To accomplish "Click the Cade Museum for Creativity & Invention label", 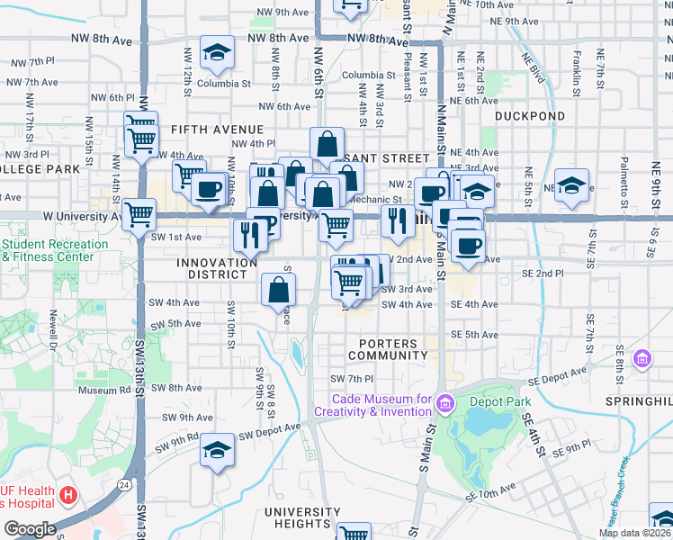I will [x=381, y=405].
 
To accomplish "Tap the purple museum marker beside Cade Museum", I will [x=444, y=405].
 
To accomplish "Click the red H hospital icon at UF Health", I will [x=68, y=494].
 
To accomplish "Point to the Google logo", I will [x=30, y=528].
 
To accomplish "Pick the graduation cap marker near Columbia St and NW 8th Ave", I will [x=217, y=55].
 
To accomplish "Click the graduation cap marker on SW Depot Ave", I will [x=217, y=452].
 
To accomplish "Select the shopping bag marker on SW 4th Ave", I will [x=279, y=291].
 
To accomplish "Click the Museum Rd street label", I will [x=104, y=391].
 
